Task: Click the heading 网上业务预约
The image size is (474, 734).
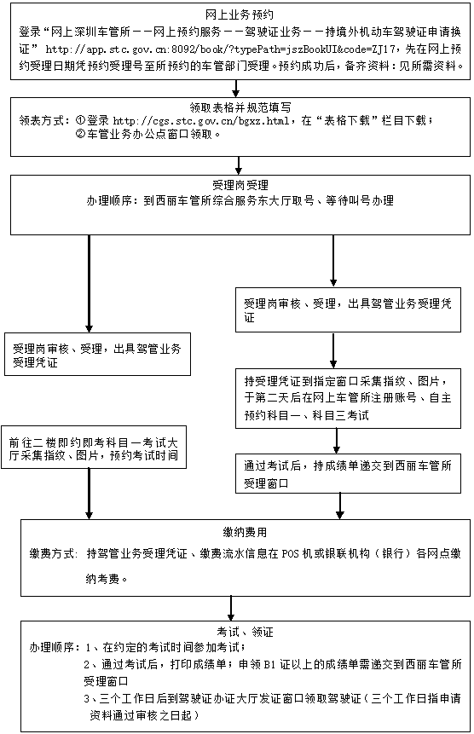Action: coord(240,15)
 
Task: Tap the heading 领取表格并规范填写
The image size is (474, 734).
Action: coord(240,107)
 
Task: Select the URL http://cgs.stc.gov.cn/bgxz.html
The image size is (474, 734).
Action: coord(201,121)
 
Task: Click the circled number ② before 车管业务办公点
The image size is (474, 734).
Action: coord(80,135)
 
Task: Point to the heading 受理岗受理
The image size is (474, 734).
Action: coord(240,185)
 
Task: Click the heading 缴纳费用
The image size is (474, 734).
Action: coord(245,532)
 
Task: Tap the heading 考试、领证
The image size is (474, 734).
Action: coord(245,632)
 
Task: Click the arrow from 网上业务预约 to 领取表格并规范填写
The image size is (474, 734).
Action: coord(236,89)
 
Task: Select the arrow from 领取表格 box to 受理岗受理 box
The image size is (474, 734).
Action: coord(239,165)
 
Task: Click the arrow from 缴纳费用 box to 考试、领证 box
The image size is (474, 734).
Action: coord(231,609)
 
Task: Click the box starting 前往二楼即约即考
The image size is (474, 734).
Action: coord(94,447)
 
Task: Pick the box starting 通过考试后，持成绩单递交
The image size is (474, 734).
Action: coord(348,473)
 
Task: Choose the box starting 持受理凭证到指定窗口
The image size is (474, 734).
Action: coord(348,398)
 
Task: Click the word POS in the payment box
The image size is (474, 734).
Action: coord(291,553)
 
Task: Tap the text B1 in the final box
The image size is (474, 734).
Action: coord(269,664)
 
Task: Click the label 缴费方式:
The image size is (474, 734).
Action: coord(54,553)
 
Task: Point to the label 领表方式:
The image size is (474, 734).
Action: coord(44,121)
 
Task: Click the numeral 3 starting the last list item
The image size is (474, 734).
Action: coord(87,699)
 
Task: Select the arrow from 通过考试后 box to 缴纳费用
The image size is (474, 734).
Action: coord(340,506)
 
